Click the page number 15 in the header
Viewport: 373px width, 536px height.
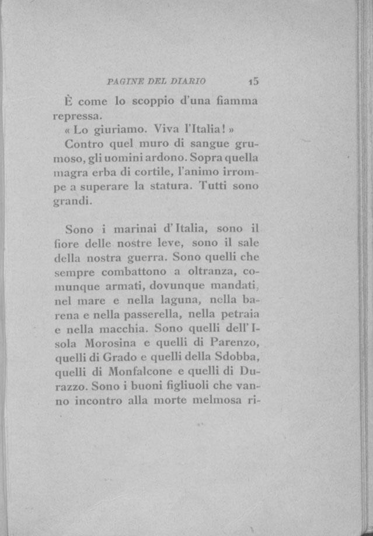pos(253,81)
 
